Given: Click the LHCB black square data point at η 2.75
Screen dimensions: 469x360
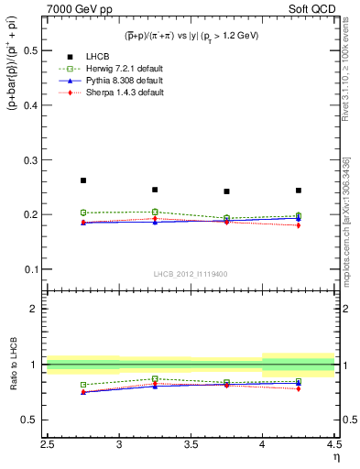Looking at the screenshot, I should pyautogui.click(x=83, y=180).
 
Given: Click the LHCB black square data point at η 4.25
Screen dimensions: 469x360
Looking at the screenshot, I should pyautogui.click(x=299, y=191).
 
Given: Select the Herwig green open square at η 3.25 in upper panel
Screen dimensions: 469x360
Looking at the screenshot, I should pyautogui.click(x=155, y=212).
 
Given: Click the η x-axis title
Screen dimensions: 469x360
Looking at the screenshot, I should pyautogui.click(x=335, y=455).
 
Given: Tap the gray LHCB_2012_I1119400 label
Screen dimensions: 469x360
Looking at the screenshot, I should pyautogui.click(x=191, y=274).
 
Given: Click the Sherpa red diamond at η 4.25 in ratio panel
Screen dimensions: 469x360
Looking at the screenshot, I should pyautogui.click(x=299, y=388).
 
